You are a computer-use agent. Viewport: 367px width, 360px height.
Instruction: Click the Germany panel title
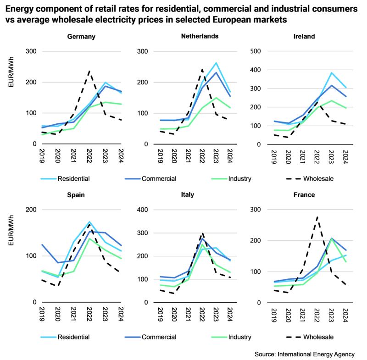click(81, 37)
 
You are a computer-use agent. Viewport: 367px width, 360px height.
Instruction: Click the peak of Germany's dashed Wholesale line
click(89, 71)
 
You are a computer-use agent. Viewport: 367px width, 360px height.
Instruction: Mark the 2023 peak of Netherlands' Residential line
click(216, 63)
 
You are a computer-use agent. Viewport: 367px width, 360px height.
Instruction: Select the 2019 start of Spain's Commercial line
click(42, 244)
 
